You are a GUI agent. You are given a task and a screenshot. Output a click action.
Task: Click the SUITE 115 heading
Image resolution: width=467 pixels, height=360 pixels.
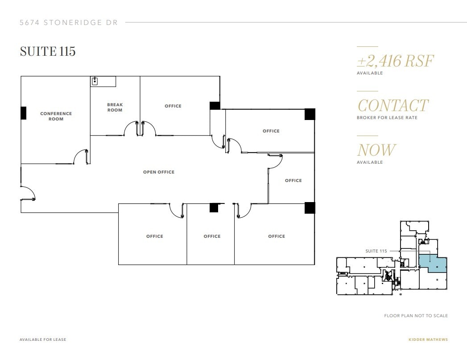pyautogui.click(x=48, y=51)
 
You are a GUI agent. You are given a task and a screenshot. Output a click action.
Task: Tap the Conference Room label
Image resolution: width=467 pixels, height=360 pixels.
pyautogui.click(x=56, y=116)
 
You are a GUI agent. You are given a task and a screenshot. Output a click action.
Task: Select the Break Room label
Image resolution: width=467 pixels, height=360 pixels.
pyautogui.click(x=115, y=108)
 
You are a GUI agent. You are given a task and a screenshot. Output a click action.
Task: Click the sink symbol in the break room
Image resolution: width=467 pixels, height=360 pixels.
pyautogui.click(x=95, y=81)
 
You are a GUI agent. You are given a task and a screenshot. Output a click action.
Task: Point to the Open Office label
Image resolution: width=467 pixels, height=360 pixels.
pyautogui.click(x=159, y=172)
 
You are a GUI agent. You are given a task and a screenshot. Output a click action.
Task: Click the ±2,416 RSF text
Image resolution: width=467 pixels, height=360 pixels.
pyautogui.click(x=395, y=61)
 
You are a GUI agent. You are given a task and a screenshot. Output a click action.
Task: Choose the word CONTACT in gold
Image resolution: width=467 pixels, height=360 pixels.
pyautogui.click(x=393, y=106)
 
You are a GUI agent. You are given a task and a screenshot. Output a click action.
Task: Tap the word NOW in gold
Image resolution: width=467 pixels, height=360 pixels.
pyautogui.click(x=376, y=150)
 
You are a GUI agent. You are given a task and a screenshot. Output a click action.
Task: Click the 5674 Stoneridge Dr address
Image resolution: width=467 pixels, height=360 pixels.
pyautogui.click(x=69, y=22)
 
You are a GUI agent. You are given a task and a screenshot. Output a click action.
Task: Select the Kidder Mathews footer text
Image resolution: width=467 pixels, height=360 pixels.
pyautogui.click(x=428, y=339)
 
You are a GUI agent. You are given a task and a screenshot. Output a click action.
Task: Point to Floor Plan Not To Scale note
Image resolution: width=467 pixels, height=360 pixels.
pyautogui.click(x=416, y=315)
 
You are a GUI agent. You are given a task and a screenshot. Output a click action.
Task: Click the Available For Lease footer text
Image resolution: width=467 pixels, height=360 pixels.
pyautogui.click(x=43, y=339)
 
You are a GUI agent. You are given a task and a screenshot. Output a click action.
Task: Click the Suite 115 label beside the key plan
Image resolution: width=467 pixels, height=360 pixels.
pyautogui.click(x=376, y=251)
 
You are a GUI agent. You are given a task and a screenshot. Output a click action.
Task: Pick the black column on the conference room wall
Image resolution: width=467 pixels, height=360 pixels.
pyautogui.click(x=23, y=113)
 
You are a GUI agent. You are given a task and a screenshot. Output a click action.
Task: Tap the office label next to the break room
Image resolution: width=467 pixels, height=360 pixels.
pyautogui.click(x=173, y=106)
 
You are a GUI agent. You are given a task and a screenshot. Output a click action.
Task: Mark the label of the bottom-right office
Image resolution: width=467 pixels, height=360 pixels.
pyautogui.click(x=276, y=236)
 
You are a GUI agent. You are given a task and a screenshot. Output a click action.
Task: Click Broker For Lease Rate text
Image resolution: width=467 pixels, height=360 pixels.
pyautogui.click(x=386, y=118)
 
